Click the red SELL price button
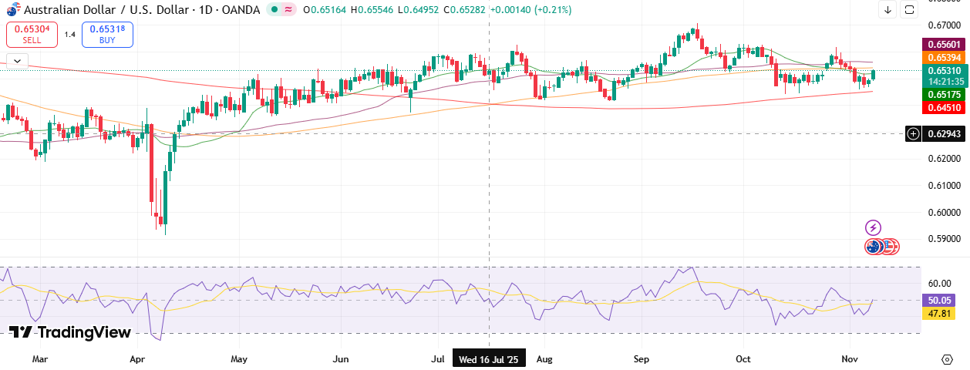pyautogui.click(x=30, y=34)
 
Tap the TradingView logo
pyautogui.click(x=70, y=332)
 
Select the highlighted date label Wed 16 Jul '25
pyautogui.click(x=490, y=359)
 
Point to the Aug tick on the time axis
pyautogui.click(x=544, y=359)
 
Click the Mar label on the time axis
pyautogui.click(x=40, y=359)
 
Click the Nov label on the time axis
pyautogui.click(x=850, y=359)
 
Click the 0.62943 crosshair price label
pyautogui.click(x=944, y=133)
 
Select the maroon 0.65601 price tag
pyautogui.click(x=944, y=45)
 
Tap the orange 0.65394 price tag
pyautogui.click(x=944, y=58)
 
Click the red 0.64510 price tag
pyautogui.click(x=944, y=108)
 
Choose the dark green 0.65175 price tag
pyautogui.click(x=944, y=94)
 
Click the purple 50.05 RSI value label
pyautogui.click(x=940, y=301)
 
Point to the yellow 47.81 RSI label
pyautogui.click(x=940, y=314)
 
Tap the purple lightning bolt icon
pyautogui.click(x=873, y=227)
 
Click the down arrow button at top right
pyautogui.click(x=887, y=10)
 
